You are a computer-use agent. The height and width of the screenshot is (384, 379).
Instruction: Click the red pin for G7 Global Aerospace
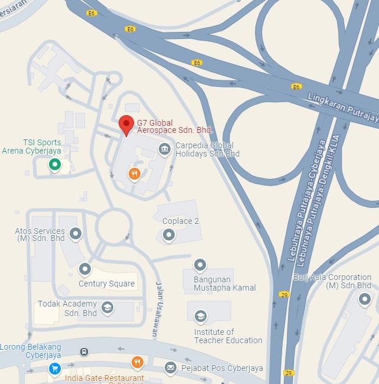[126, 125]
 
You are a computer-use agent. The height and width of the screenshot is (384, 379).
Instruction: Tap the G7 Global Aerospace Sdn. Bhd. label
[175, 126]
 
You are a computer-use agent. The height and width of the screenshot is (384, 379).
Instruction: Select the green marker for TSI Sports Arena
[55, 165]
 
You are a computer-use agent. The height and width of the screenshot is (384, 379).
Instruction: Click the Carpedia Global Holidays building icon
[165, 148]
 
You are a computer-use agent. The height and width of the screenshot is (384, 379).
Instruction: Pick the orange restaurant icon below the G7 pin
[135, 174]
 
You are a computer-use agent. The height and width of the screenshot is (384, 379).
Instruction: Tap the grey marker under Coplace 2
[169, 235]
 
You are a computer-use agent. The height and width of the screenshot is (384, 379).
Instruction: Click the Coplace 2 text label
[181, 221]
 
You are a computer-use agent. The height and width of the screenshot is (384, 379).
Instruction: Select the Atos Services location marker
[76, 233]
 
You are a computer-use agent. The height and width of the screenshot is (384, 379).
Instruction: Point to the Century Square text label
[106, 284]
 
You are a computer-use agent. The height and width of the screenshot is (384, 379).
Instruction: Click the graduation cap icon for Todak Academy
[107, 307]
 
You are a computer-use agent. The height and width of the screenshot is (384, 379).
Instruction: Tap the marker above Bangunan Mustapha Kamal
[200, 265]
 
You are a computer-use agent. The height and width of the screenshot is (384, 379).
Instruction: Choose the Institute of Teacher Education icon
[201, 317]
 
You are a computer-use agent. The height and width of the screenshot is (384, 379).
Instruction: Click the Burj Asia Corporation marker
[365, 299]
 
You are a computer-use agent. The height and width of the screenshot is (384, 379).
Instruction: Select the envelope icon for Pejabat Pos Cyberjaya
[171, 368]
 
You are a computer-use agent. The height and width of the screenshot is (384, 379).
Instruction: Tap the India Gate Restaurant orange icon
[138, 362]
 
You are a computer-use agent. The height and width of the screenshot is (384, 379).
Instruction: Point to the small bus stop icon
[84, 352]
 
